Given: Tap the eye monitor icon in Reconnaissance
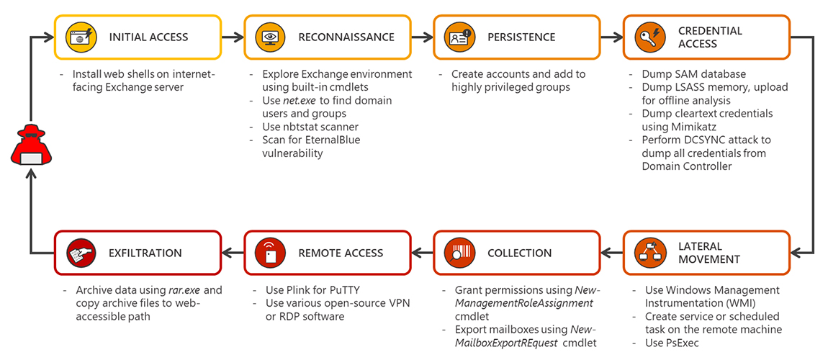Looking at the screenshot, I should (x=271, y=37).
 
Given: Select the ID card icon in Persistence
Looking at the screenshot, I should (x=459, y=37).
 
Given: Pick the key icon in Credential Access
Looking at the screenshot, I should (x=649, y=37).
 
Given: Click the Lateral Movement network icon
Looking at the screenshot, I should (x=649, y=252).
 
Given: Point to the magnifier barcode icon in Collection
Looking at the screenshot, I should (x=459, y=253).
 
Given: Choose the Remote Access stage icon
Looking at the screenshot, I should (x=271, y=253).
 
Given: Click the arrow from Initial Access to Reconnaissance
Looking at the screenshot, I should (x=232, y=37).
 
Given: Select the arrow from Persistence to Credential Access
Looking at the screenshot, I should (x=611, y=37).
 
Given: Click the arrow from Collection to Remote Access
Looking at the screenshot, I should (x=422, y=253).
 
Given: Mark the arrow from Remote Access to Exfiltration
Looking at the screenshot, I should (x=232, y=253).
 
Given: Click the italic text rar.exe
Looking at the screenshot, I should (x=184, y=290).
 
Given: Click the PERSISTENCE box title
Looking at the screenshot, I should (x=521, y=37).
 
